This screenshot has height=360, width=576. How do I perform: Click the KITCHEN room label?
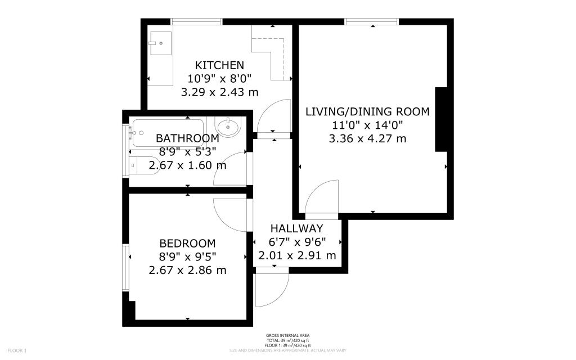coord(219,65)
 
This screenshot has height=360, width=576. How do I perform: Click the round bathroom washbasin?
coord(228,128)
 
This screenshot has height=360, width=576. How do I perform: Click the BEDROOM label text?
coord(187,244)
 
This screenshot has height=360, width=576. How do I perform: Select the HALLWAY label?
coord(296,228)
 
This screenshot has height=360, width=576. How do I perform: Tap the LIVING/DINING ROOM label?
coord(367,111)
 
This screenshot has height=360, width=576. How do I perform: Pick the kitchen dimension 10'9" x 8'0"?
coord(219,78)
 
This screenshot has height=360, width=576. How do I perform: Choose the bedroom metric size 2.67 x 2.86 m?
coord(187,271)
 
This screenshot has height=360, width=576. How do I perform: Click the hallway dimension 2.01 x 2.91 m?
coord(296,256)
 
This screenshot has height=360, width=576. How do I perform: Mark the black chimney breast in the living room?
coord(442,120)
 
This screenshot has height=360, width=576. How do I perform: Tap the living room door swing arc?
coord(322,197)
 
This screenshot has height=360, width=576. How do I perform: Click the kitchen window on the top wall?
coord(196,22)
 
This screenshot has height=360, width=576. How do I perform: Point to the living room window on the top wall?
coord(372,22)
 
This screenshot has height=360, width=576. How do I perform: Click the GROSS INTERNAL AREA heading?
coord(287,336)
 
